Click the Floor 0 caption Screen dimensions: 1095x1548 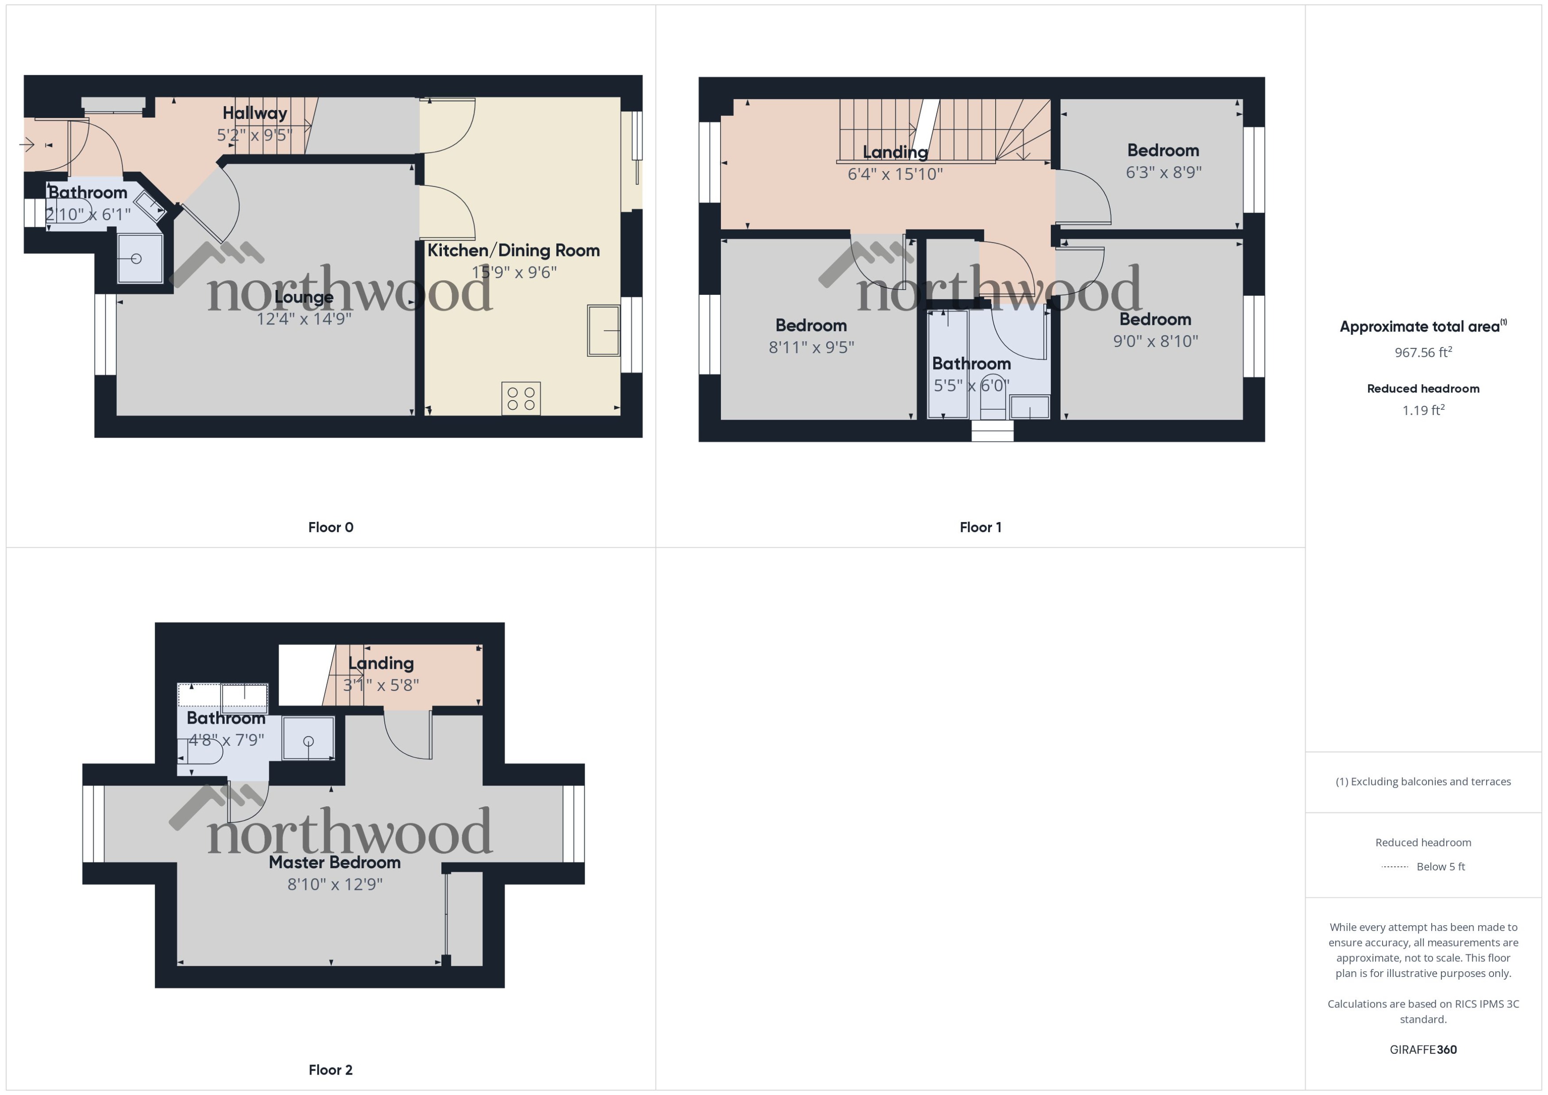[330, 527]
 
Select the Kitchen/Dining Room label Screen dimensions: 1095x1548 [513, 250]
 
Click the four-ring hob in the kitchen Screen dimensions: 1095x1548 [521, 398]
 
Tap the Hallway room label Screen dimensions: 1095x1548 [254, 113]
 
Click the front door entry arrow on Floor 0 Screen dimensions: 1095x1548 [28, 144]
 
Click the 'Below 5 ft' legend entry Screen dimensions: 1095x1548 [1440, 866]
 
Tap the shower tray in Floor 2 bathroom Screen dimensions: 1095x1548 [308, 739]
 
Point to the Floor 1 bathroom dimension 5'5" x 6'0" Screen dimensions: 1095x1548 [971, 385]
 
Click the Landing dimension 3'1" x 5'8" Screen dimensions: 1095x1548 [381, 685]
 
